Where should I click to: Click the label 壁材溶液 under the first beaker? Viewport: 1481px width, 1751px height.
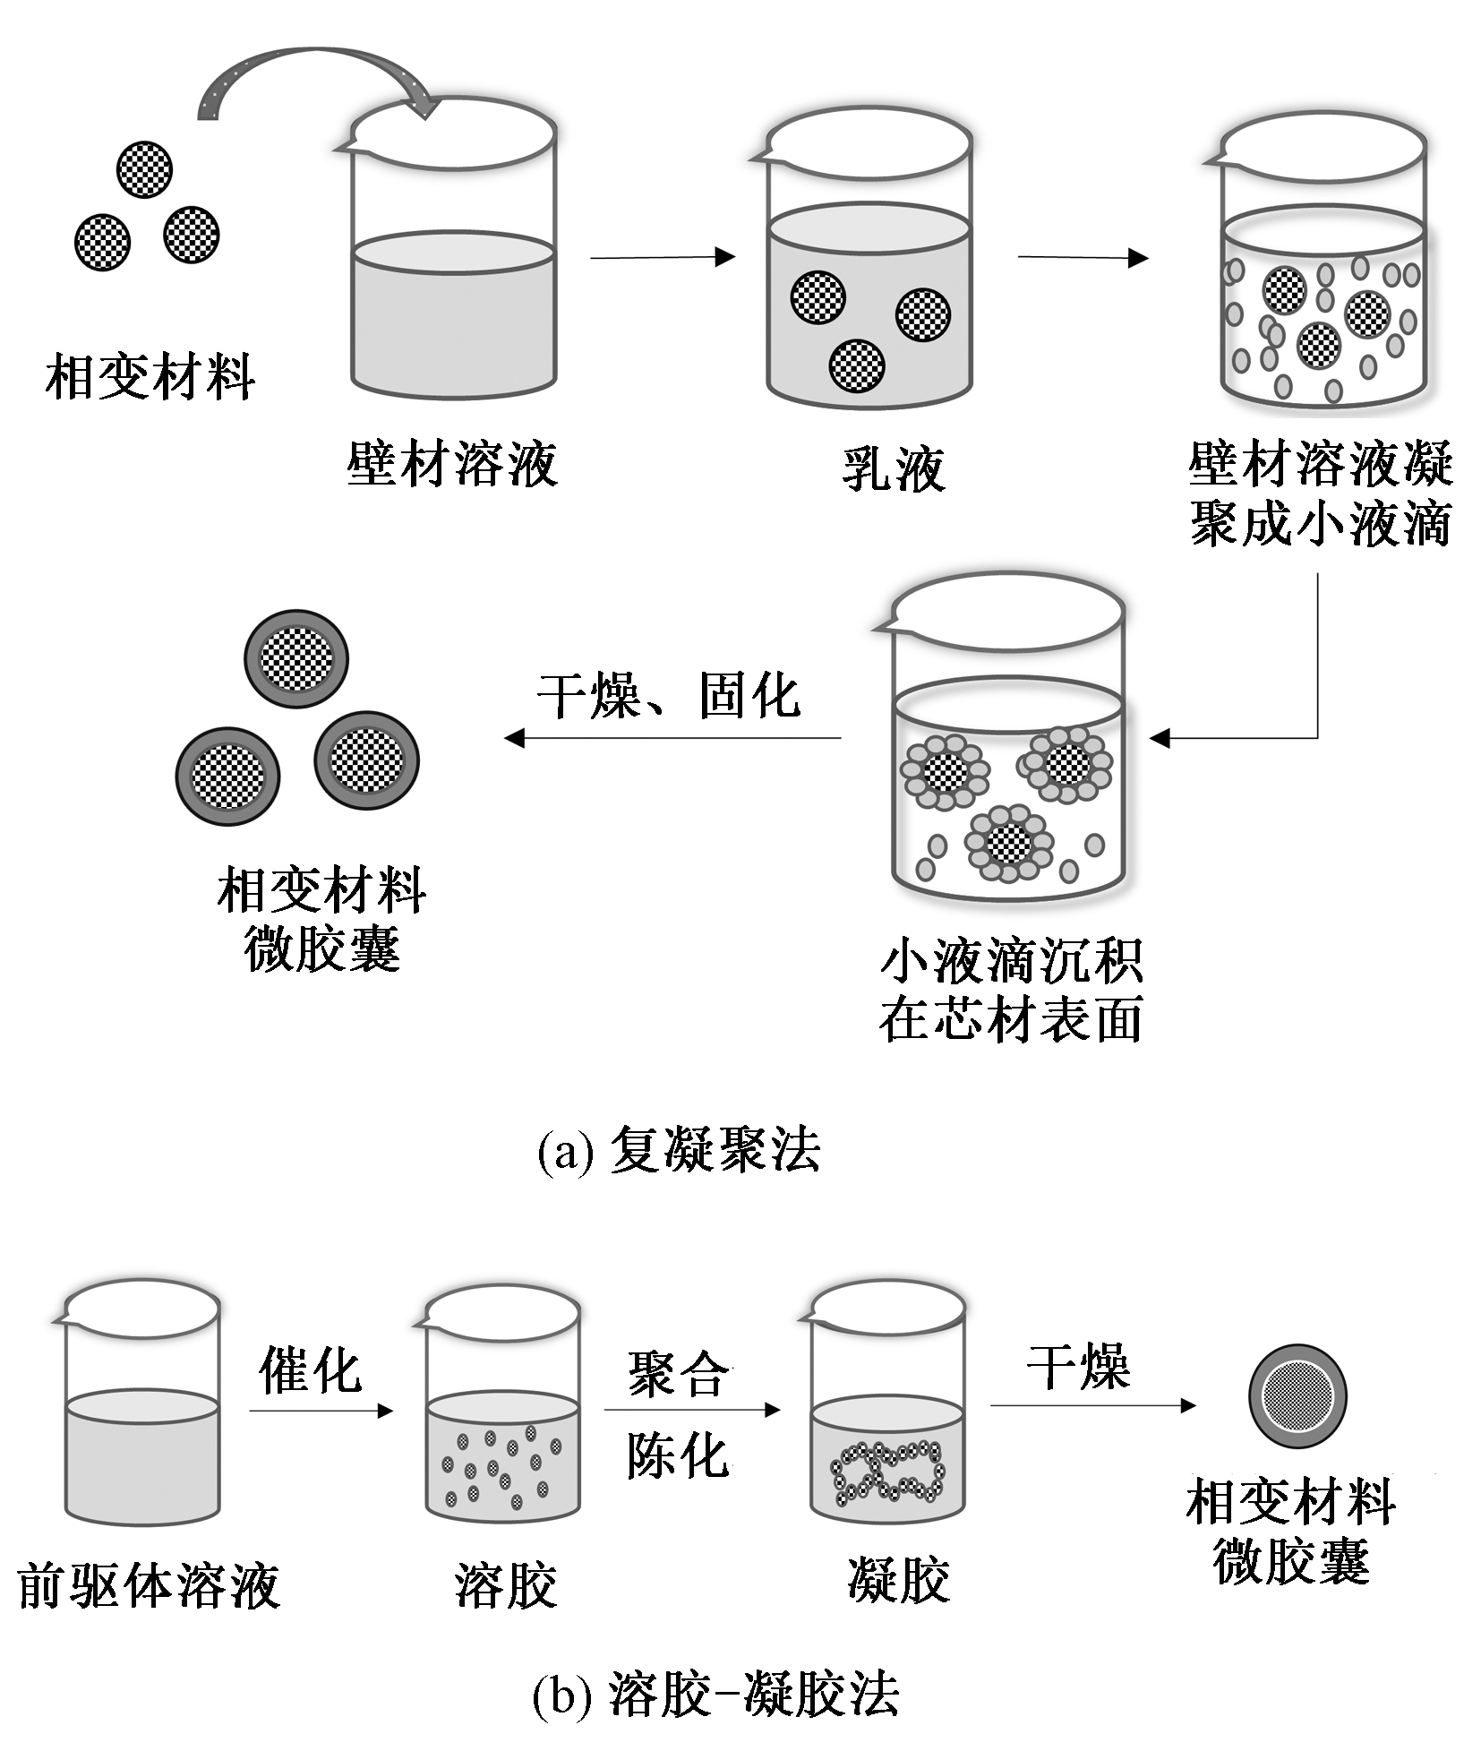(452, 465)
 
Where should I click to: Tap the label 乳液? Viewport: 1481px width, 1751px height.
(893, 468)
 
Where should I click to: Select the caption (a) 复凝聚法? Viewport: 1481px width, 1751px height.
(678, 1149)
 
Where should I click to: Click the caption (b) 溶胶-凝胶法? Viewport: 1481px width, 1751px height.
(715, 1692)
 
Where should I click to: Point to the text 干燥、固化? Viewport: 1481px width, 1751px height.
(668, 696)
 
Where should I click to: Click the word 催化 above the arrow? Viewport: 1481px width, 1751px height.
(310, 1369)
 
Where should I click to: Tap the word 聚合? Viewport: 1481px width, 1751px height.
(678, 1373)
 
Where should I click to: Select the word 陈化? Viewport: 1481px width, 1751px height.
(677, 1455)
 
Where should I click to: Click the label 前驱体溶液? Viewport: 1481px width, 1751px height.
(149, 1585)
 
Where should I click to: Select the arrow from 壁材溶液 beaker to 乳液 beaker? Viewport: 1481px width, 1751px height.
(662, 257)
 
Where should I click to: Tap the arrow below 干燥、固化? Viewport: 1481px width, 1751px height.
(672, 738)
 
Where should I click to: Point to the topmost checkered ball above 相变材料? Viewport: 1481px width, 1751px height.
(144, 168)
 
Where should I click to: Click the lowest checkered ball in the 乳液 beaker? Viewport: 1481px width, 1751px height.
(857, 365)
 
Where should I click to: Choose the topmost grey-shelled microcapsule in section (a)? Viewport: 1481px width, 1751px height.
(296, 658)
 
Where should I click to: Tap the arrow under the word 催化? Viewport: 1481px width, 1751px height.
(321, 1411)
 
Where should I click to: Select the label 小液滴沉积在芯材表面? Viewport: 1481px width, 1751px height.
(1011, 990)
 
